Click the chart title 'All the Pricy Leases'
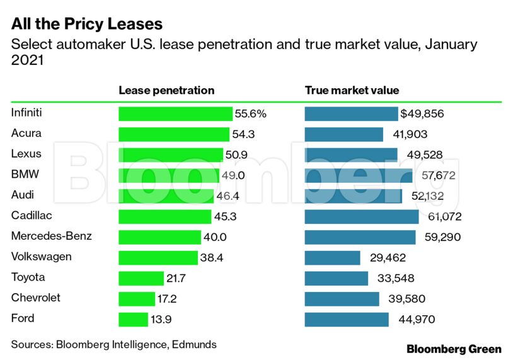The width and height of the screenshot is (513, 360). coord(87,24)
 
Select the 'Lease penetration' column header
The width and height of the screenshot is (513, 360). coord(166,90)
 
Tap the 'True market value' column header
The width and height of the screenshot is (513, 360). coord(352,90)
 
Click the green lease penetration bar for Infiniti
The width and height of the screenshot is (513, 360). coord(175,114)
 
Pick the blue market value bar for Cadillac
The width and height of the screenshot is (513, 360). coord(361,217)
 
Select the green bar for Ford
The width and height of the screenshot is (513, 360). coord(133,320)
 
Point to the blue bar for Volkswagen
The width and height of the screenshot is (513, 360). coord(332,258)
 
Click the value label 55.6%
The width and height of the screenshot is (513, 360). coord(251,114)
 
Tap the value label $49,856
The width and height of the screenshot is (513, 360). coord(422,114)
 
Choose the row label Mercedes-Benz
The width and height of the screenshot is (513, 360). coord(52,236)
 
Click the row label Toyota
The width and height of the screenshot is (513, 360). coord(28,277)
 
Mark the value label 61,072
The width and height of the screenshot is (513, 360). coord(442,217)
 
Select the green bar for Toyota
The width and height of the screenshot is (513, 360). coord(141,278)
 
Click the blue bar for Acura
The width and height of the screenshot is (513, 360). coord(343,134)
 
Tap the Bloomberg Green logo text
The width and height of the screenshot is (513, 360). coord(454,349)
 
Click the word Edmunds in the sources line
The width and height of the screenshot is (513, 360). coord(195,344)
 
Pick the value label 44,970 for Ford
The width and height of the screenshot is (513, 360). coord(417,320)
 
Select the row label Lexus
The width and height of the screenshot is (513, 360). coord(26,154)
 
